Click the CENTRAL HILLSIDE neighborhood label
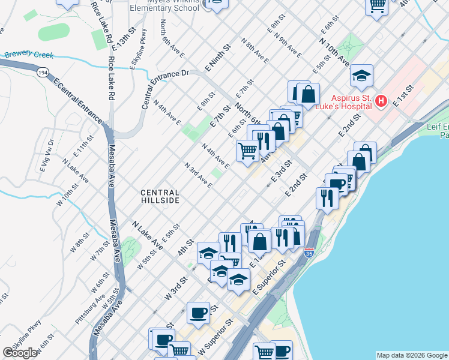pyautogui.click(x=160, y=196)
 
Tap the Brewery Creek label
pyautogui.click(x=29, y=55)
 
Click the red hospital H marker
pyautogui.click(x=381, y=101)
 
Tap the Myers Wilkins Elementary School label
pyautogui.click(x=165, y=5)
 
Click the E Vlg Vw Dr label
pyautogui.click(x=47, y=155)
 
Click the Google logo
pyautogui.click(x=20, y=353)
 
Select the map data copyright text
pyautogui.click(x=411, y=355)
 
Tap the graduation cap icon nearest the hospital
pyautogui.click(x=361, y=76)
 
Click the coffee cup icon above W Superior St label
pyautogui.click(x=198, y=312)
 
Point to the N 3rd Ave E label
pyautogui.click(x=198, y=175)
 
